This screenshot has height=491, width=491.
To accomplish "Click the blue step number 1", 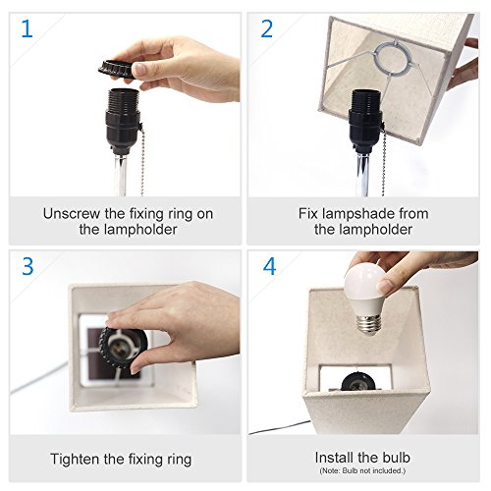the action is pyautogui.click(x=27, y=28).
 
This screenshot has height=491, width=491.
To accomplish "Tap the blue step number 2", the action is pyautogui.click(x=266, y=28).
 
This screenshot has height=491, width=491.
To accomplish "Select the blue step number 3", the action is pyautogui.click(x=27, y=266).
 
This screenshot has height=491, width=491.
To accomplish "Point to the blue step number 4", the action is pyautogui.click(x=269, y=266).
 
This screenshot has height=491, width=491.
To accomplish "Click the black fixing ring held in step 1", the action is pyautogui.click(x=117, y=69).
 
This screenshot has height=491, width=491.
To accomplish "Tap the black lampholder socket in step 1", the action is pyautogui.click(x=124, y=122).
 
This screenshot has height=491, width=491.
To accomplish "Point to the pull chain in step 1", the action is pyautogui.click(x=143, y=159).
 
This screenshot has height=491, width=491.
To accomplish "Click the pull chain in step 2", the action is pyautogui.click(x=383, y=159).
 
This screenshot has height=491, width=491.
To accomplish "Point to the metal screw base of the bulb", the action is pyautogui.click(x=368, y=325).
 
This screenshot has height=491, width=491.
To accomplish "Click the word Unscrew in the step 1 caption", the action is pyautogui.click(x=72, y=214).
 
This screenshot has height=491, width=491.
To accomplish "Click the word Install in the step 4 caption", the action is pyautogui.click(x=333, y=458).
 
